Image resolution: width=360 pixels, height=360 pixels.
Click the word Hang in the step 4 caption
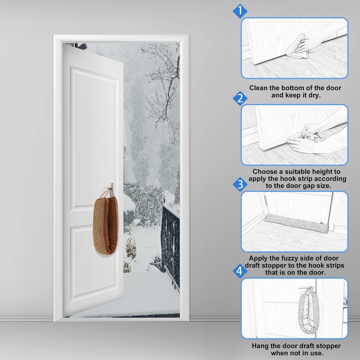click(x=261, y=346)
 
